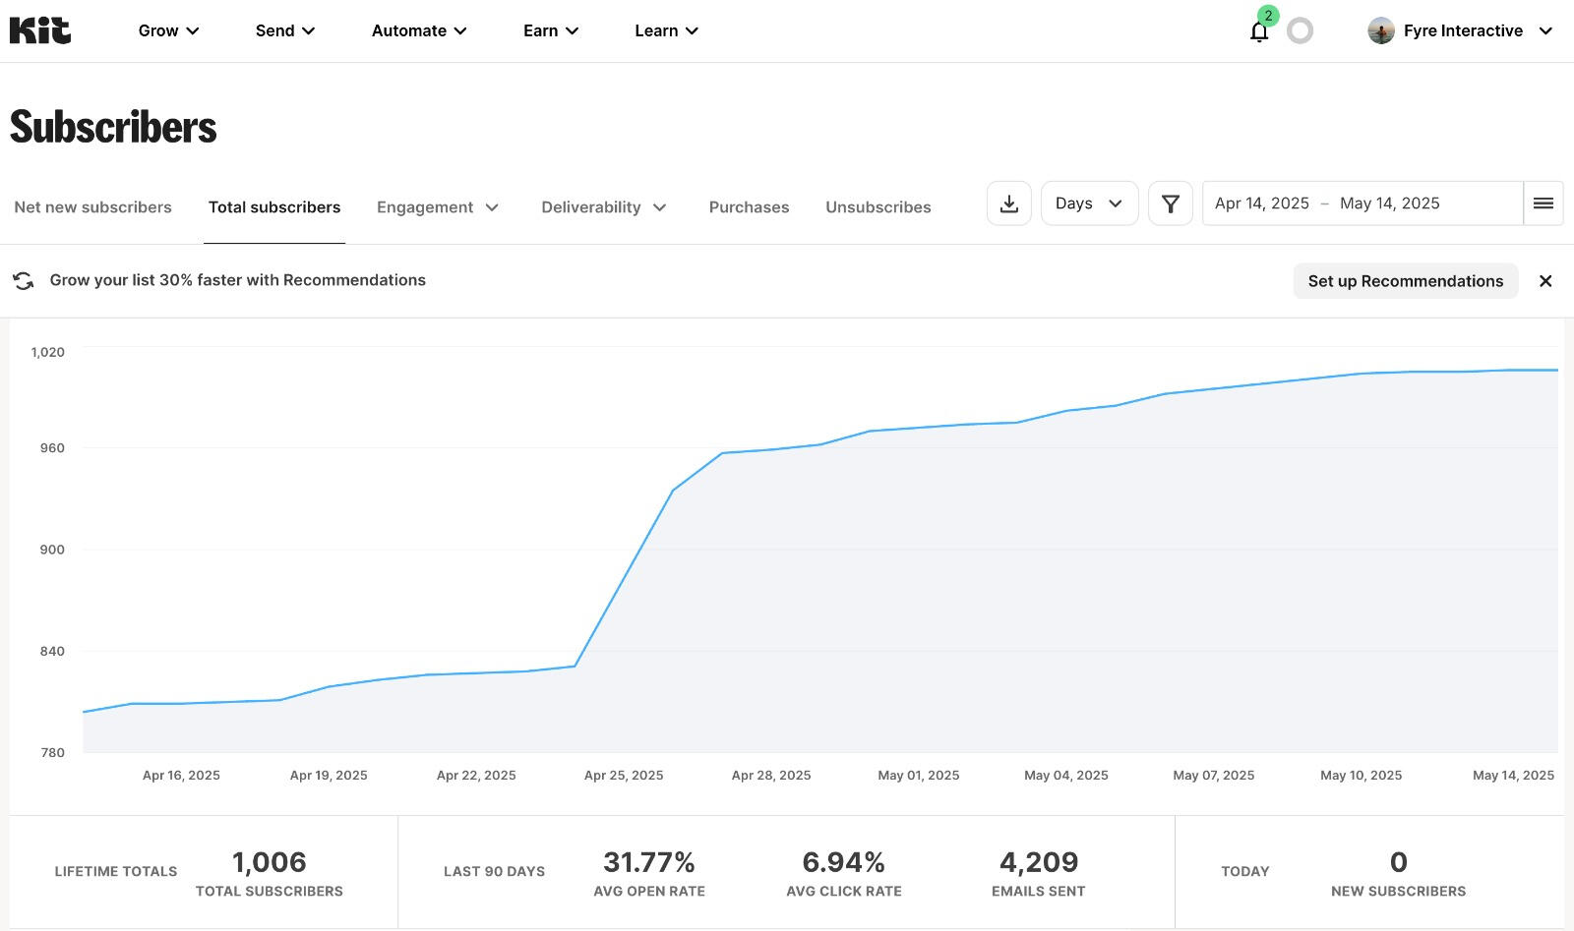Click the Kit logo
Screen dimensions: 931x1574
pos(40,30)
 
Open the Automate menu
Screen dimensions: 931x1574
pos(419,30)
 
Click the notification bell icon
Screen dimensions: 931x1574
pos(1258,31)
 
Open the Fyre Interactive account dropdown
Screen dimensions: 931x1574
pos(1461,30)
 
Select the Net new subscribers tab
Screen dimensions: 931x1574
pos(92,207)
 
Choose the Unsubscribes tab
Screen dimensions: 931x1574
pos(878,207)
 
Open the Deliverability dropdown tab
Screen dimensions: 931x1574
pos(604,207)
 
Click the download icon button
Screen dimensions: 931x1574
pos(1008,204)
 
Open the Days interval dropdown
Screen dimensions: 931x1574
pos(1089,204)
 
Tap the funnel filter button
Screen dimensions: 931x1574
pos(1170,204)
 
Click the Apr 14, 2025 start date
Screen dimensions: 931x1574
pos(1261,204)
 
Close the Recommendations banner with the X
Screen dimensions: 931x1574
pos(1545,281)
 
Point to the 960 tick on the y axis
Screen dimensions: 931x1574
pos(51,448)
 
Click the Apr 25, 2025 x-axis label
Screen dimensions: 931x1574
pos(624,776)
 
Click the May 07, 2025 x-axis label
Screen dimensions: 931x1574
pos(1213,776)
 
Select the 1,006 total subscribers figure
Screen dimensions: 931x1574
pos(269,862)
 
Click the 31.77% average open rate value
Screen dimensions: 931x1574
pos(648,862)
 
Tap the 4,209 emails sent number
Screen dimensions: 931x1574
pos(1038,862)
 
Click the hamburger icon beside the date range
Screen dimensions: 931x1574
pos(1543,204)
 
